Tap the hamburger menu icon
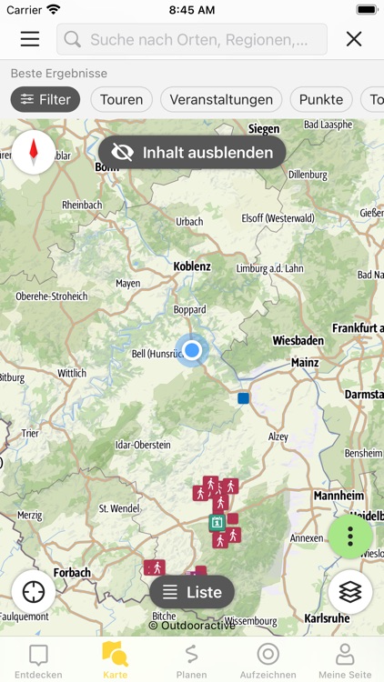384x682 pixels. [x=30, y=39]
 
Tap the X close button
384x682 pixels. [x=354, y=39]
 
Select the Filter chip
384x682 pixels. [x=45, y=100]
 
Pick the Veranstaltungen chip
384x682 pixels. [x=221, y=100]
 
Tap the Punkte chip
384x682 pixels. [x=321, y=100]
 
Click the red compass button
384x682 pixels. [x=34, y=152]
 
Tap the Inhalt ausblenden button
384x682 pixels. [x=193, y=153]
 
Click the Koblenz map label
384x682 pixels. [x=192, y=266]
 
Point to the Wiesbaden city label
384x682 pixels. [x=298, y=341]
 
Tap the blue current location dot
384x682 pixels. [x=191, y=350]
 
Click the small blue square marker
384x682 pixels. [x=243, y=398]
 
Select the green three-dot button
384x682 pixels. [x=350, y=537]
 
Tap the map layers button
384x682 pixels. [x=350, y=593]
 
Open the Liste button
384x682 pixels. [x=192, y=593]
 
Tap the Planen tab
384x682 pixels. [x=191, y=659]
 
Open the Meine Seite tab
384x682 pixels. [x=345, y=659]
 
